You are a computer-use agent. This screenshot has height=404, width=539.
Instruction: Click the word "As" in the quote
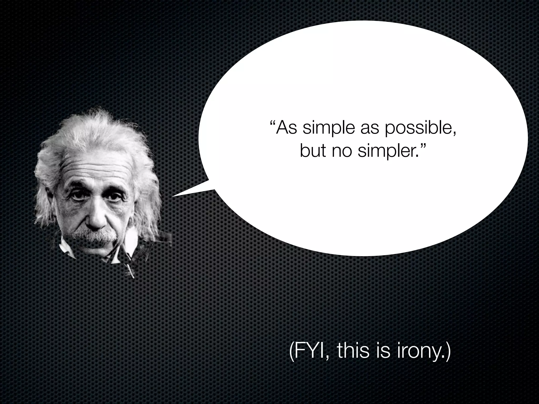tap(286, 128)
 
